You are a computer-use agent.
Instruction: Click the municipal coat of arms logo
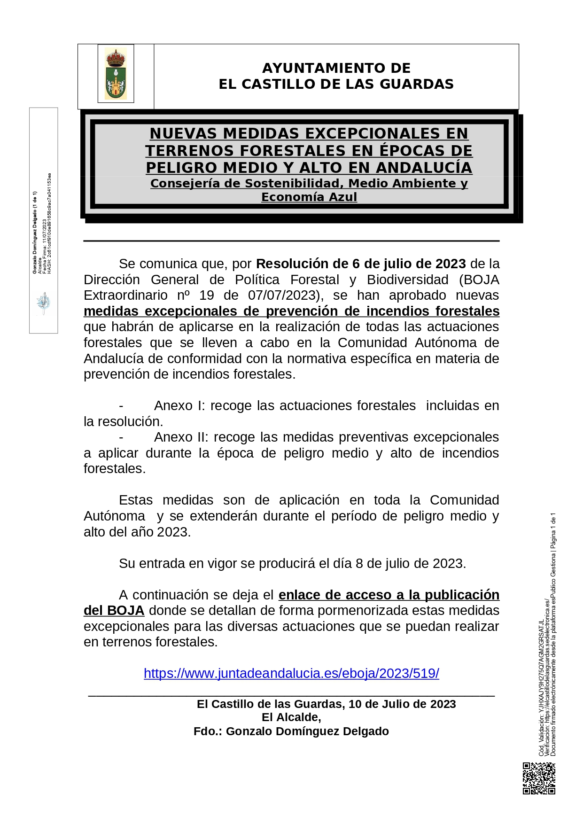[116, 73]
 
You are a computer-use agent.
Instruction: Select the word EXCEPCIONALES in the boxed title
[347, 133]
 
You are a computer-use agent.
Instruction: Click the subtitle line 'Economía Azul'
[309, 197]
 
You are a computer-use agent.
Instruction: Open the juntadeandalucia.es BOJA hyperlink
[291, 673]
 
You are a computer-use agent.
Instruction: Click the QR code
[539, 778]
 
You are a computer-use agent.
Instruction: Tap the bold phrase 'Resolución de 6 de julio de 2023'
[361, 264]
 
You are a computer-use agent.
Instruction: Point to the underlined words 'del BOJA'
[114, 610]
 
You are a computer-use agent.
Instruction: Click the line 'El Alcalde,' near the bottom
[291, 717]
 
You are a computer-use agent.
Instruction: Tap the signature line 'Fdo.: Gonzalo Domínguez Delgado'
[291, 731]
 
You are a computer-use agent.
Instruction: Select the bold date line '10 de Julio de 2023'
[402, 704]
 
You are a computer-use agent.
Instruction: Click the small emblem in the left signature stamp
[43, 303]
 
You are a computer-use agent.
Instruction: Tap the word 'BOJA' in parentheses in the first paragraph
[481, 280]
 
